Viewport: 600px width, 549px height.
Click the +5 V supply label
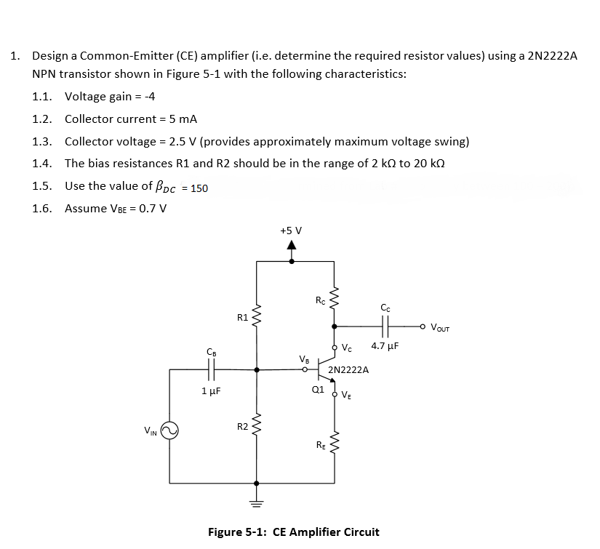tap(291, 231)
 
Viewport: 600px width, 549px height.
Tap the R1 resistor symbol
tap(256, 317)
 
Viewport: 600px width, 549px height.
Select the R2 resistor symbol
tap(256, 426)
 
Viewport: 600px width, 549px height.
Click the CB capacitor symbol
tap(211, 369)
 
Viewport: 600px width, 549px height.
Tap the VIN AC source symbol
tap(169, 433)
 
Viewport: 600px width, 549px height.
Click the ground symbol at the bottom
tap(256, 502)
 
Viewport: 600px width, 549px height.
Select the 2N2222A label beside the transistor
tap(348, 369)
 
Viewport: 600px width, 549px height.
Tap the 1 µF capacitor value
tap(211, 390)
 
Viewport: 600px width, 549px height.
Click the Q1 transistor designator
tap(317, 388)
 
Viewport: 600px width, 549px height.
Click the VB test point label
tap(304, 358)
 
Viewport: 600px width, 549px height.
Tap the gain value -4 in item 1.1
tap(151, 97)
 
